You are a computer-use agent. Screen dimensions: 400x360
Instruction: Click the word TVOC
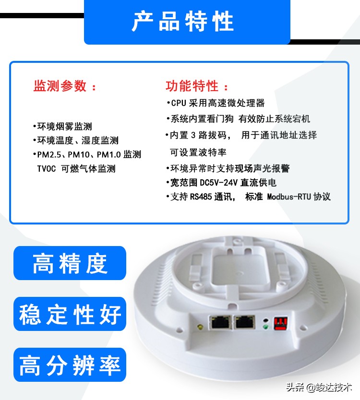click(x=47, y=169)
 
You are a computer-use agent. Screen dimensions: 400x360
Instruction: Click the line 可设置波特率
click(x=198, y=153)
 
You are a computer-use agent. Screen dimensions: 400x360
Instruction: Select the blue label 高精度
click(x=70, y=263)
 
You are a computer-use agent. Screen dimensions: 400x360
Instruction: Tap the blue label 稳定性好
click(x=70, y=314)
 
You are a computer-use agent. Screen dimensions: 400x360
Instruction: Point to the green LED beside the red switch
click(x=265, y=328)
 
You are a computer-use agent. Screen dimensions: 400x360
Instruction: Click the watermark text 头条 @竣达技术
click(x=319, y=387)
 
